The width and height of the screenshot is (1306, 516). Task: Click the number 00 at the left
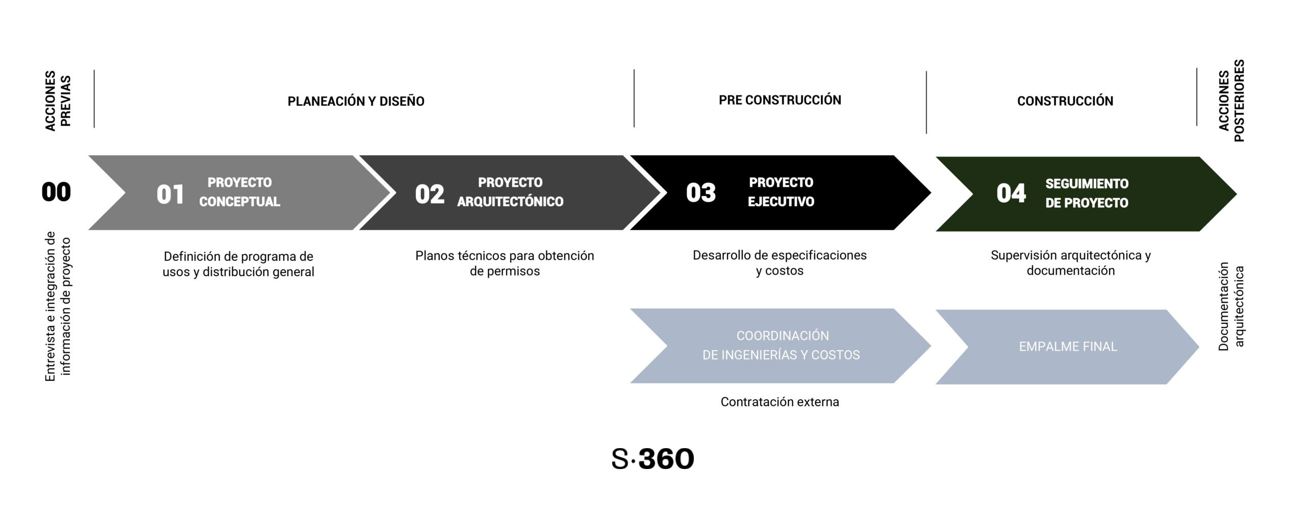pos(56,192)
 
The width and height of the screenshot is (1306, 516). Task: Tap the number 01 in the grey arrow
pos(170,194)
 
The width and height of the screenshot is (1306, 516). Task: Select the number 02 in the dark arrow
pos(430,194)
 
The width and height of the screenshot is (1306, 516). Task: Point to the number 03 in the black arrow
pos(701,193)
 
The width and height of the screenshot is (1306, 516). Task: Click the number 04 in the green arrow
pos(1011,193)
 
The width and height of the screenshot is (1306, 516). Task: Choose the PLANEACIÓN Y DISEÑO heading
pos(356,101)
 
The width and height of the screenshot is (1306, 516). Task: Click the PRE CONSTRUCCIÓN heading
pos(780,100)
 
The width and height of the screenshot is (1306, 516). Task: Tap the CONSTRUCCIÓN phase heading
pos(1065,101)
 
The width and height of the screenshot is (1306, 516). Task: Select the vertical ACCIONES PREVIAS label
pos(58,101)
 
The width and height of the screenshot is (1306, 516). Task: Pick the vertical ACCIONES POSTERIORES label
pos(1232,101)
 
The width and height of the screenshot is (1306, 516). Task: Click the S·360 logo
pos(653,459)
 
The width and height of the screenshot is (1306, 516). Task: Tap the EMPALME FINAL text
pos(1068,347)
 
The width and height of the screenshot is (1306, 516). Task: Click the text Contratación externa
pos(780,402)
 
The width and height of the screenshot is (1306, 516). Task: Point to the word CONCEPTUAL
pos(240,202)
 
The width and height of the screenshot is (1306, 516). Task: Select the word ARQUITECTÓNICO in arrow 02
pos(510,202)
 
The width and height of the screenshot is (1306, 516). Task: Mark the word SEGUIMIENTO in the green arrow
pos(1087,184)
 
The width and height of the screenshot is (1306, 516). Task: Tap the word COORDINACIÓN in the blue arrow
pos(783,336)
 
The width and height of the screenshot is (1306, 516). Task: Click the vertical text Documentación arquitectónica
pos(1232,306)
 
